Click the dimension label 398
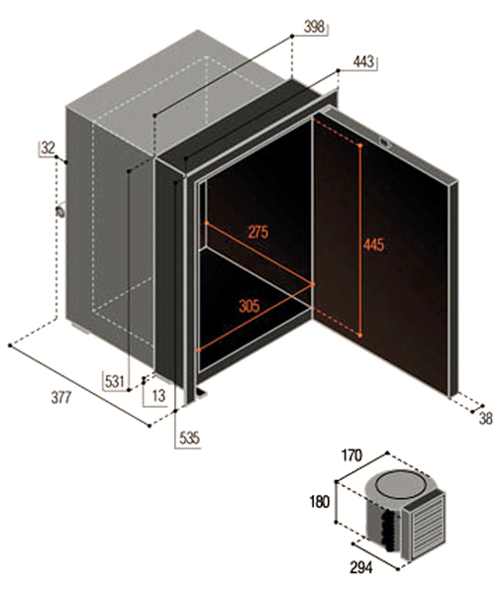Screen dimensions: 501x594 [314, 27]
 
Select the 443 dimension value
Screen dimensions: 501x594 [363, 61]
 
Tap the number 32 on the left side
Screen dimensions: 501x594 [49, 148]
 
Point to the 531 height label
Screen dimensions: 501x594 [115, 381]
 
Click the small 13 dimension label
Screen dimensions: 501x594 [158, 396]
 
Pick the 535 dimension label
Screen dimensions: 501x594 [189, 439]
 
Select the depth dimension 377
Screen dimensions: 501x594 [61, 397]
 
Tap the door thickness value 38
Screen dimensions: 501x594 [485, 419]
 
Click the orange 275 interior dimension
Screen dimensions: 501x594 [258, 232]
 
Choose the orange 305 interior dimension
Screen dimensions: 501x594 [250, 306]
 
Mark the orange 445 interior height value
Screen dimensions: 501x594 [373, 245]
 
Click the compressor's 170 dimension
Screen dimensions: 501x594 [352, 455]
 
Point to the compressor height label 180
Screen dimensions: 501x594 [320, 502]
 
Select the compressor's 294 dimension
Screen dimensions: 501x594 [360, 567]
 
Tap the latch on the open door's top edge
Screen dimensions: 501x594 [386, 143]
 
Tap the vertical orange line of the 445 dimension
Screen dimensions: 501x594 [360, 241]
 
